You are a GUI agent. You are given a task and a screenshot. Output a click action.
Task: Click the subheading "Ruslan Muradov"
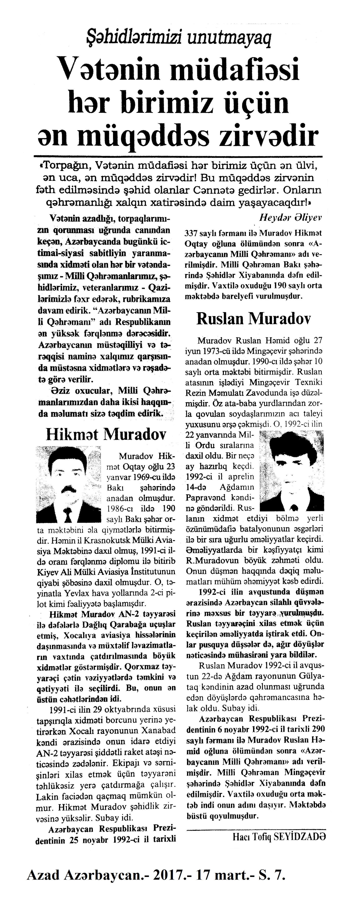254,318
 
